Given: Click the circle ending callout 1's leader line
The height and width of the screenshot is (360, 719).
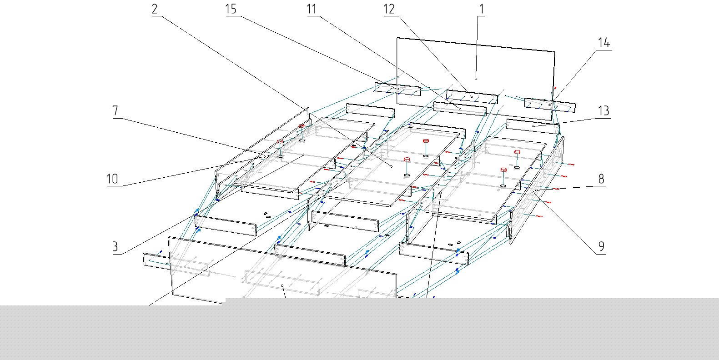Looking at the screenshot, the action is (x=476, y=79).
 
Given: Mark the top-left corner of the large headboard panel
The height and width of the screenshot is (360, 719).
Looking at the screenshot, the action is (x=397, y=38).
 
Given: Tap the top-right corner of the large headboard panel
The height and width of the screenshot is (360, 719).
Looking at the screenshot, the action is (x=555, y=51).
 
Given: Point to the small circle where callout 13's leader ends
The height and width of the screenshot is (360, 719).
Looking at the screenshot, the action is (x=533, y=126).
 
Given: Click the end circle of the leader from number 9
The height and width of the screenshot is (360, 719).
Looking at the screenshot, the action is (x=534, y=192).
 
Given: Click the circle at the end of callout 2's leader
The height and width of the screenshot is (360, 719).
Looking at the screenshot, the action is (x=392, y=166).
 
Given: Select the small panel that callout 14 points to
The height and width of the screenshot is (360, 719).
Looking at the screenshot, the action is (x=550, y=105).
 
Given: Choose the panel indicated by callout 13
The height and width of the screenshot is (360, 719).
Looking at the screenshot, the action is (x=533, y=126).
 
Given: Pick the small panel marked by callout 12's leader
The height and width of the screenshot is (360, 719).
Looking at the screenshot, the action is (x=472, y=97).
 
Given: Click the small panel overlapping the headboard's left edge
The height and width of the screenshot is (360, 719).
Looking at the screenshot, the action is (x=397, y=89).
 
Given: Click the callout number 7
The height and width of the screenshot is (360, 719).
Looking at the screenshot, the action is (x=115, y=111).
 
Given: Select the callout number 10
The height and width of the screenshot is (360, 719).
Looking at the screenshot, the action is (x=112, y=179).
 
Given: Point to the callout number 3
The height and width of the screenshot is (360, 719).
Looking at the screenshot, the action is (x=115, y=247).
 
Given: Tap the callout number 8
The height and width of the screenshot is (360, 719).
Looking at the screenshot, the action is (x=601, y=179).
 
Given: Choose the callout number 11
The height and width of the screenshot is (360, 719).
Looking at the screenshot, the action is (x=312, y=9).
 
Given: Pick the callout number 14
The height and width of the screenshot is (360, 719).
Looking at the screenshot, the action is (x=604, y=43).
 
